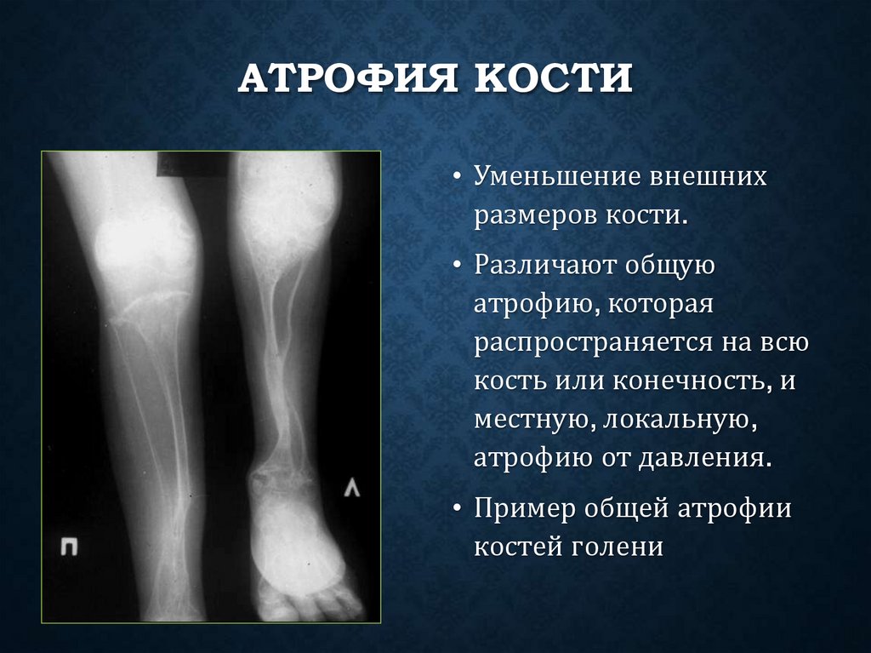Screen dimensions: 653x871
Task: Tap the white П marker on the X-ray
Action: coord(69,546)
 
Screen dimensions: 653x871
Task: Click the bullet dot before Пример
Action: coord(458,509)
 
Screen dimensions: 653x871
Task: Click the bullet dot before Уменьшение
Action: coord(458,180)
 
